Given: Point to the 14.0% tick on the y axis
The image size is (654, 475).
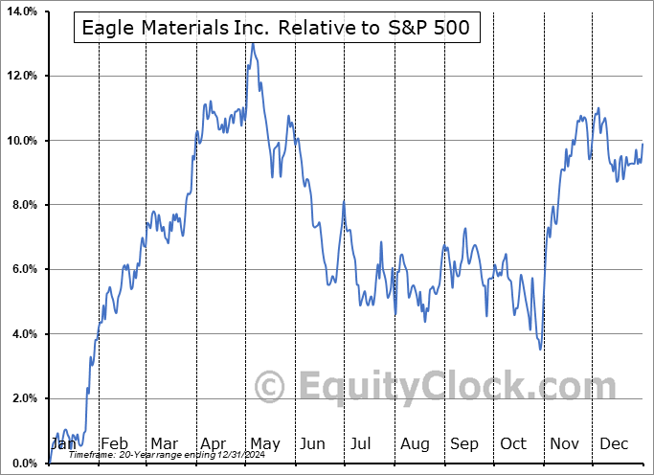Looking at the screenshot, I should click(x=20, y=11).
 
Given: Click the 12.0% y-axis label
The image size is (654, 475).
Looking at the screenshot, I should click(x=20, y=76).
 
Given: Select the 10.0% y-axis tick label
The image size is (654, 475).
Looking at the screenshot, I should click(x=20, y=141).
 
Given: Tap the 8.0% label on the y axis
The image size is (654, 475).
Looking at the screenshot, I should click(x=22, y=205).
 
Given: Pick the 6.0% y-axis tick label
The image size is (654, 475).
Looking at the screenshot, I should click(x=22, y=269).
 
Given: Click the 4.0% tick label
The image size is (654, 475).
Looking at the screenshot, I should click(x=22, y=334).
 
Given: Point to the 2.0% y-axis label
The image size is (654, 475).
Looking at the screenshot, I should click(x=22, y=398).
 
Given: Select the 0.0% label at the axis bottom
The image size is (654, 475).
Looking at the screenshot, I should click(x=22, y=464).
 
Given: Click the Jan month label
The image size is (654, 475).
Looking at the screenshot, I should click(x=63, y=443).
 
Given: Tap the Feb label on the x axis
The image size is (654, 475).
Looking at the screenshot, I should click(x=114, y=443).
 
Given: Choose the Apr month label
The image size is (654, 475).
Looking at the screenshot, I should click(x=213, y=443).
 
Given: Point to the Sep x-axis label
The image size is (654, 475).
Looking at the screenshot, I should click(x=463, y=443).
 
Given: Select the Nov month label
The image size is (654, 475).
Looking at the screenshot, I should click(x=563, y=443).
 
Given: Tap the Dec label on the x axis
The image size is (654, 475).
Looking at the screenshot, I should click(x=614, y=443).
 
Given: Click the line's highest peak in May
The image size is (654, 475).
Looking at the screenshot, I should click(x=253, y=43).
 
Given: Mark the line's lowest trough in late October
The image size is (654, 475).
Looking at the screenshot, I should click(x=540, y=349).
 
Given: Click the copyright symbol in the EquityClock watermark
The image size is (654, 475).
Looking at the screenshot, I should click(x=271, y=387).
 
